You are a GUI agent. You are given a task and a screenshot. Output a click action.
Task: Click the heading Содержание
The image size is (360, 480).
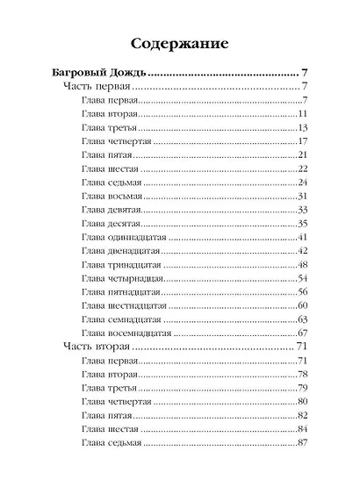tap(179, 43)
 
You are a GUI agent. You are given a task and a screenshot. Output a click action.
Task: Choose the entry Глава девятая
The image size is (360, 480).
tap(111, 211)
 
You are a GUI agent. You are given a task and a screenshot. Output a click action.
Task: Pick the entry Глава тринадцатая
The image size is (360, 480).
tap(119, 265)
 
